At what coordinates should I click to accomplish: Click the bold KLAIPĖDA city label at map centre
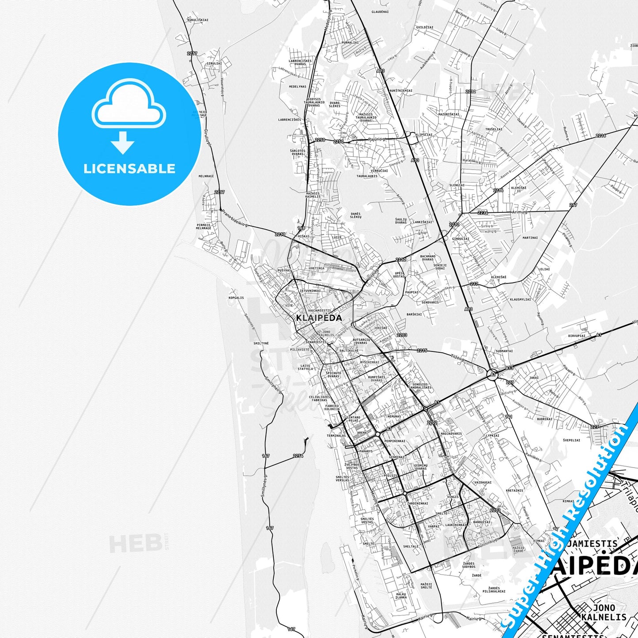[x=319, y=318]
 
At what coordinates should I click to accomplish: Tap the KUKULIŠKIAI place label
[x=198, y=20]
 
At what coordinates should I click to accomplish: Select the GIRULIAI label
[x=214, y=63]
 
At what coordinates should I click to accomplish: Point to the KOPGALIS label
[x=236, y=298]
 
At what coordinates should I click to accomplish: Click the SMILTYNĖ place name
[x=261, y=343]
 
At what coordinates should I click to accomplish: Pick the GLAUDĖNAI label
[x=380, y=12]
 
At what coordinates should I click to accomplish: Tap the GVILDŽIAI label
[x=424, y=27]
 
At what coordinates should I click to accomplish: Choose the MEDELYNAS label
[x=298, y=87]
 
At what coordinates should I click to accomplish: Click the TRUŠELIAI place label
[x=494, y=129]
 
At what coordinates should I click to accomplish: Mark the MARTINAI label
[x=530, y=238]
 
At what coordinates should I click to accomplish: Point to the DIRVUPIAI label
[x=577, y=336]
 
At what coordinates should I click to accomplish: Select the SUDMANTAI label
[x=504, y=351]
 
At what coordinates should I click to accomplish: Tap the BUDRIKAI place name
[x=544, y=419]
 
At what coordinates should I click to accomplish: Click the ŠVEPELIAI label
[x=572, y=440]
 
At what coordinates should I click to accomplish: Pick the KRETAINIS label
[x=514, y=490]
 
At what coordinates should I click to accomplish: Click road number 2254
[x=298, y=456]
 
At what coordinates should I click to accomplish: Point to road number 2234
[x=483, y=213]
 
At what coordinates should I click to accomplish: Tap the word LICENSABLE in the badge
[x=129, y=169]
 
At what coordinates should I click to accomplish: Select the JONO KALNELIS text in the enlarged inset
[x=604, y=612]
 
